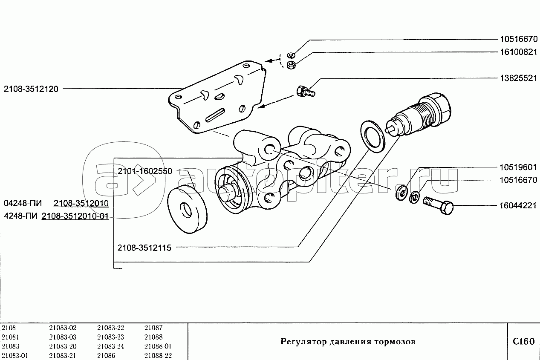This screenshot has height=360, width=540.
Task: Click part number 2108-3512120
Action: tap(31, 89)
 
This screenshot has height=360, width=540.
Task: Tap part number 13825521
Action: tap(518, 79)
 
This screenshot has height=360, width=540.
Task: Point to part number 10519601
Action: tap(518, 167)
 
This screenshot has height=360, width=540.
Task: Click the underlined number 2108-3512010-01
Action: tap(75, 217)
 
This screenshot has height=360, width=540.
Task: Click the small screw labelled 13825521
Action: tap(305, 91)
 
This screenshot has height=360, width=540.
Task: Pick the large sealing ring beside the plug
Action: tap(373, 136)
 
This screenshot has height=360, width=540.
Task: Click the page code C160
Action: tap(523, 341)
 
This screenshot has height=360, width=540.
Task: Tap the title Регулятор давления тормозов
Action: tap(347, 342)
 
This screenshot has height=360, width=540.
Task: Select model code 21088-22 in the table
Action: tap(158, 356)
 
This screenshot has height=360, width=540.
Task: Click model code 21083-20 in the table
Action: tap(63, 346)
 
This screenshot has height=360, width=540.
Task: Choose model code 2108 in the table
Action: tap(9, 328)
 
